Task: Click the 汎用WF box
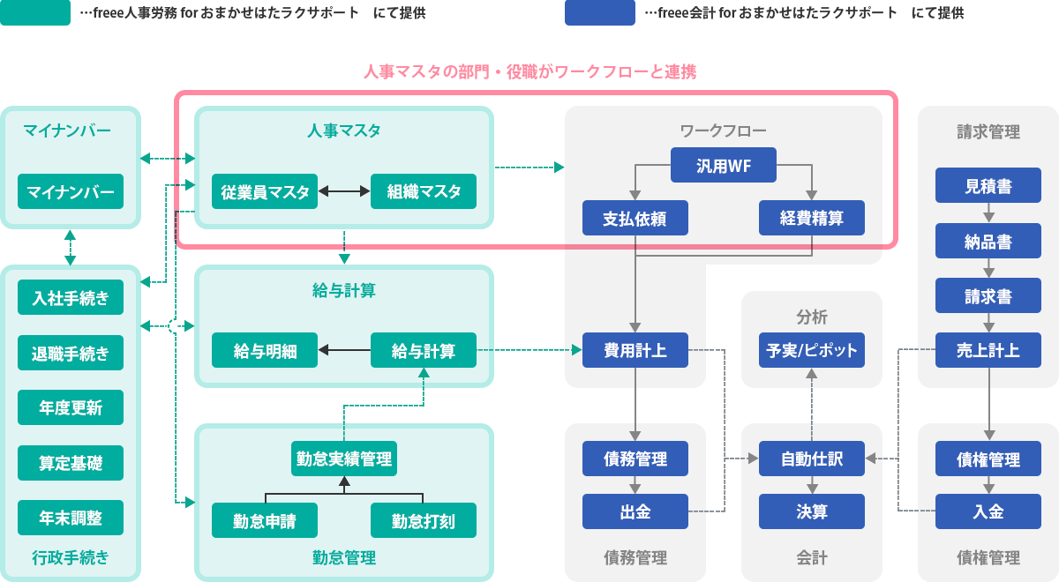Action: pos(724,165)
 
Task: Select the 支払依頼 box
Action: pos(635,218)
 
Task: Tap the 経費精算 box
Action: pos(812,218)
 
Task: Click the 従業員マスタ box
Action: pos(265,191)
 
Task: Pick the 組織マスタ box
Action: pos(424,191)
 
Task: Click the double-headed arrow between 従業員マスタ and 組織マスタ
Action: pos(344,191)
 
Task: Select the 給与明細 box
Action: pos(265,350)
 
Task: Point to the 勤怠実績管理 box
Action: pos(344,459)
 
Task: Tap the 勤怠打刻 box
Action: pos(424,520)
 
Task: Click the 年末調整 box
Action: pos(71,518)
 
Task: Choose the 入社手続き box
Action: pos(71,297)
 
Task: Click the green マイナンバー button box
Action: pos(71,191)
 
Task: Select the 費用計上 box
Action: pos(635,350)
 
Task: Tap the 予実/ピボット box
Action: pos(812,350)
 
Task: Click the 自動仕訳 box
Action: pos(812,459)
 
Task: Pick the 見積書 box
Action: pos(988,186)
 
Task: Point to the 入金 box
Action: pos(988,511)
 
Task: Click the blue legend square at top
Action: pos(599,13)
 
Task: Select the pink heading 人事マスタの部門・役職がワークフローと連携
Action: pos(529,72)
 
